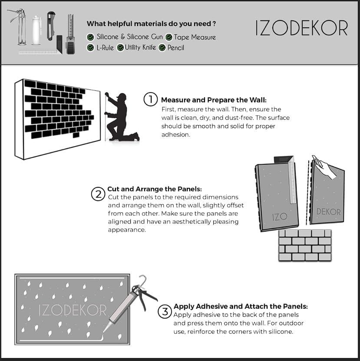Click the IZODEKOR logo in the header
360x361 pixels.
[302, 28]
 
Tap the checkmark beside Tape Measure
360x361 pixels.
[168, 37]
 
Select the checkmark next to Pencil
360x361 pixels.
[162, 48]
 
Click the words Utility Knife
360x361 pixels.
[141, 48]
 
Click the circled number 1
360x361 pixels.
[150, 99]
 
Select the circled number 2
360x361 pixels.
[98, 193]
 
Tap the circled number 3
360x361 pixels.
[164, 311]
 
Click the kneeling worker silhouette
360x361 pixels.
[121, 116]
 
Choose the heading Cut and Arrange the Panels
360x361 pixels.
[155, 189]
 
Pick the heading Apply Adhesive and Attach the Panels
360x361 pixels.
[241, 306]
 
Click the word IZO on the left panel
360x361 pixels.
[280, 216]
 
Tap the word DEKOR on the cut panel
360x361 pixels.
[329, 212]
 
